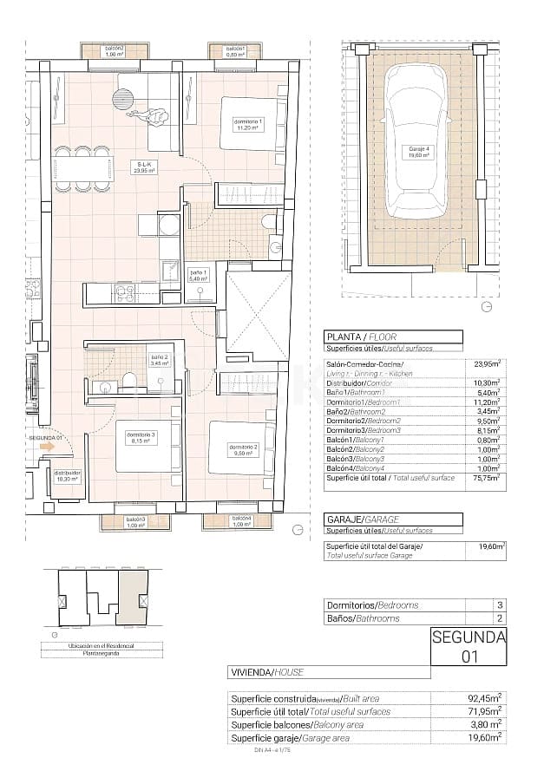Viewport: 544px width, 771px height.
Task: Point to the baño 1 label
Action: pos(199,276)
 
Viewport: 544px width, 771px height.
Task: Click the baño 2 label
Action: pos(159,360)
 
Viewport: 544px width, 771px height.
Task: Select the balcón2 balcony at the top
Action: pos(115,51)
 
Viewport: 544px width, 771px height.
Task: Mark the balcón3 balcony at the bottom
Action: pos(134,522)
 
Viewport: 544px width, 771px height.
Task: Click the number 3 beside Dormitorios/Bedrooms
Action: pos(499,604)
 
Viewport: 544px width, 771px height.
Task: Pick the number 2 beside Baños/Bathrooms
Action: pos(499,618)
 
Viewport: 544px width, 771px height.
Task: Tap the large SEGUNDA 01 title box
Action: pos(469,646)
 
